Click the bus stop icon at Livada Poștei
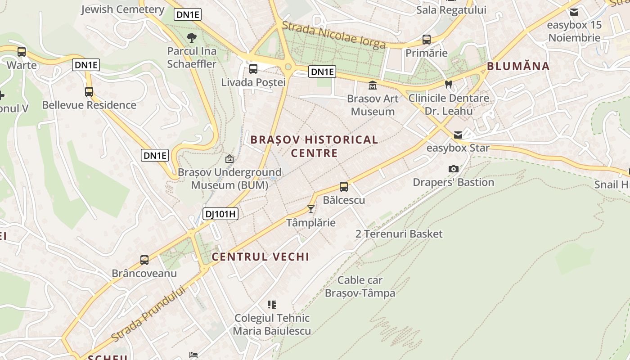pyautogui.click(x=253, y=69)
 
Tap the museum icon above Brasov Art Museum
pyautogui.click(x=373, y=85)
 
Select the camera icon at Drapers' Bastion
pyautogui.click(x=454, y=169)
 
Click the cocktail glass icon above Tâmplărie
pyautogui.click(x=310, y=209)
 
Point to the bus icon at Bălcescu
pyautogui.click(x=344, y=186)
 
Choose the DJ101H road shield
pyautogui.click(x=220, y=214)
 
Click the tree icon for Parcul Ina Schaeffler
pyautogui.click(x=192, y=37)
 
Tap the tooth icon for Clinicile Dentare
pyautogui.click(x=448, y=84)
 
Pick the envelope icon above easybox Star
pyautogui.click(x=458, y=135)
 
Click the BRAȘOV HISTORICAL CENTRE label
pyautogui.click(x=314, y=146)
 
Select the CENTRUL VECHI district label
pyautogui.click(x=261, y=257)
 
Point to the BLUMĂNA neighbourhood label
pyautogui.click(x=518, y=67)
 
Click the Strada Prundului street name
pyautogui.click(x=148, y=314)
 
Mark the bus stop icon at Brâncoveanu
pyautogui.click(x=144, y=260)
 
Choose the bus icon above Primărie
pyautogui.click(x=426, y=40)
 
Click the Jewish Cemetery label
pyautogui.click(x=122, y=9)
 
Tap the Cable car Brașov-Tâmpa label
pyautogui.click(x=360, y=287)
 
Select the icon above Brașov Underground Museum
pyautogui.click(x=229, y=159)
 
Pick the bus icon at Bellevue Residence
pyautogui.click(x=89, y=92)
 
